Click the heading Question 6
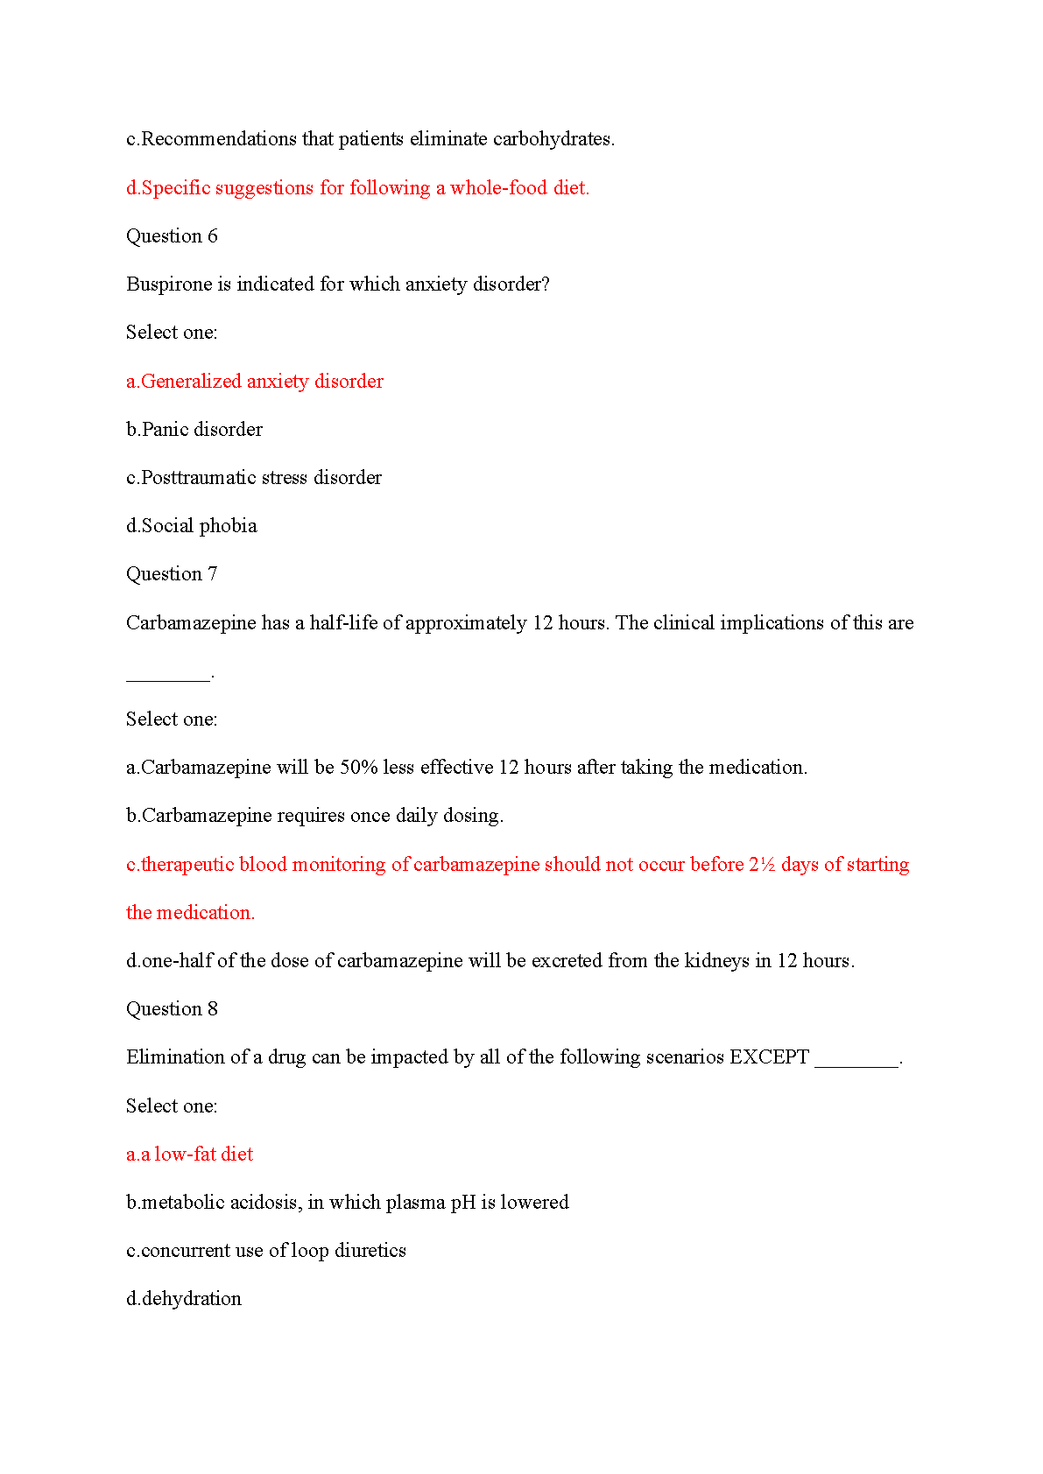172,236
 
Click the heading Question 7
172,574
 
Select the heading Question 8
172,1009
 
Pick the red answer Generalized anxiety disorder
255,382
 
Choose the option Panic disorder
194,430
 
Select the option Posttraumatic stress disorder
254,478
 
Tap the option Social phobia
192,526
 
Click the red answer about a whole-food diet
357,188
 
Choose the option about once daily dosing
314,816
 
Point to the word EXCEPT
769,1057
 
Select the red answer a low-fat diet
189,1155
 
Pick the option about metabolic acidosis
347,1203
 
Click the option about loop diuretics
266,1251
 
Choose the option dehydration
184,1299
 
